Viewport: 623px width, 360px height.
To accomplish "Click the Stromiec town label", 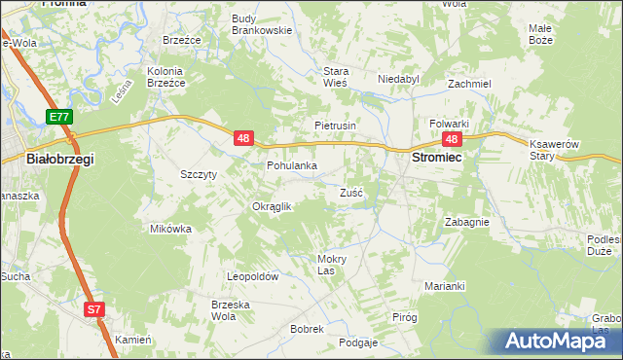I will click(437, 157).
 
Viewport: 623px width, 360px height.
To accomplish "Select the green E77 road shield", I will click(58, 117).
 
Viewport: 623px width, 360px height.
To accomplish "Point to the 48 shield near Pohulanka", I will click(243, 140).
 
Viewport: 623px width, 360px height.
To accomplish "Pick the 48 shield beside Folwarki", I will click(454, 140).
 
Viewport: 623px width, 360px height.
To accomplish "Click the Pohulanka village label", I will click(292, 166).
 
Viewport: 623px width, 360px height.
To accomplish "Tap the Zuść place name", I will click(351, 193).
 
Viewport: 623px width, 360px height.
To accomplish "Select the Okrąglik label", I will click(272, 206).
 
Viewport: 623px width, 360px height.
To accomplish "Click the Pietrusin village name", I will click(336, 126).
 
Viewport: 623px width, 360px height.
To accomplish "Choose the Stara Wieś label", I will click(336, 77).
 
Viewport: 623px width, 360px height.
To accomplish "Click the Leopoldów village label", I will click(253, 277).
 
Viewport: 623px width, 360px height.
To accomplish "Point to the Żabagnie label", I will click(466, 222).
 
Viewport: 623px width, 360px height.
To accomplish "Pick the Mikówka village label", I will click(170, 229).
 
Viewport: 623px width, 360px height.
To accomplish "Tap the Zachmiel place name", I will click(468, 84).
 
